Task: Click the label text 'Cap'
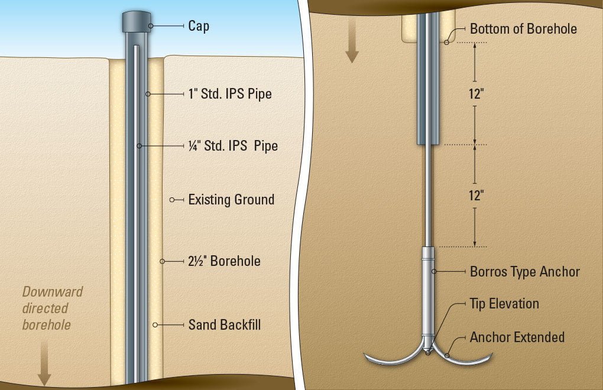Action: (198, 26)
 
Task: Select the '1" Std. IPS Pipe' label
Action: (229, 94)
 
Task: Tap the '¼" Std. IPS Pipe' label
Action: (232, 145)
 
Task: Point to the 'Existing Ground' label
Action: (231, 200)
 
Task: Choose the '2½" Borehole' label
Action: (224, 261)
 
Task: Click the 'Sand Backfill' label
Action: (225, 324)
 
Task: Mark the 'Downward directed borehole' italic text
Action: (52, 308)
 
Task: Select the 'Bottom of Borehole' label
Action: (523, 28)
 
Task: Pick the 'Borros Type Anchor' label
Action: (524, 272)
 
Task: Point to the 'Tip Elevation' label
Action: (504, 304)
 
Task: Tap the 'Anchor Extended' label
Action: (517, 337)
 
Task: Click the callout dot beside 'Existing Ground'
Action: (172, 200)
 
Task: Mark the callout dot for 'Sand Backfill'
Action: (155, 324)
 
